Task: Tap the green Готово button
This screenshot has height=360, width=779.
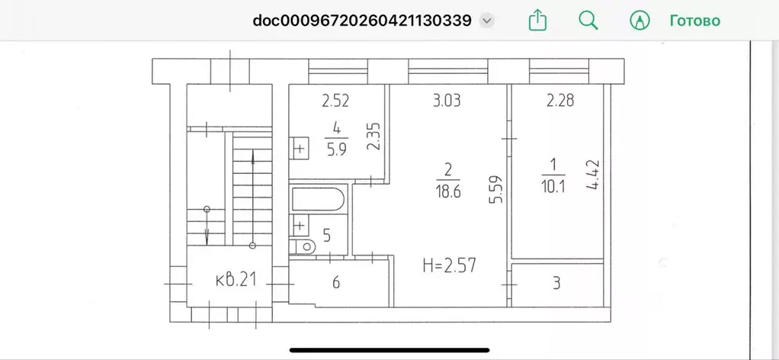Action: (x=694, y=21)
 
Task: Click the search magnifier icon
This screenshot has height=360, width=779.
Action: (x=588, y=21)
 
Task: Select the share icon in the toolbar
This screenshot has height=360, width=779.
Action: (x=537, y=21)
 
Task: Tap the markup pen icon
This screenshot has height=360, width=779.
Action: (x=640, y=21)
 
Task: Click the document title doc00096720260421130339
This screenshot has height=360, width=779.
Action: (x=362, y=21)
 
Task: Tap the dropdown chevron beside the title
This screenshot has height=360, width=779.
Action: (x=487, y=21)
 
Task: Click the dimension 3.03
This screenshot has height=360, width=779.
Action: (x=447, y=101)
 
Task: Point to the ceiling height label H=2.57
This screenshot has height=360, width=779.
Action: (x=449, y=265)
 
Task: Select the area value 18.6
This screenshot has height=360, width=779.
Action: (x=448, y=191)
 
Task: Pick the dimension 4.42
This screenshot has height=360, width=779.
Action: (x=593, y=175)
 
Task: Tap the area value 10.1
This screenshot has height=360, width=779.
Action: (x=553, y=186)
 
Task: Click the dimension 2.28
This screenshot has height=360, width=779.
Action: (x=560, y=101)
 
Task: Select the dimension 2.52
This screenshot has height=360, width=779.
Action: (x=336, y=101)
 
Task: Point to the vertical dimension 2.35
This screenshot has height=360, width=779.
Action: (x=376, y=137)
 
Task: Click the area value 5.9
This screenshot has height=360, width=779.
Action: (x=336, y=149)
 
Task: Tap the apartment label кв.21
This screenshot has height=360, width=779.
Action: (x=236, y=280)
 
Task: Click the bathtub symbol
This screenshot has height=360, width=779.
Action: (x=318, y=199)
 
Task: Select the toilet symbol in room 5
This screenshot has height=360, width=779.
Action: (x=303, y=245)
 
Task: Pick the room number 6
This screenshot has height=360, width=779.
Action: (x=336, y=283)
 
